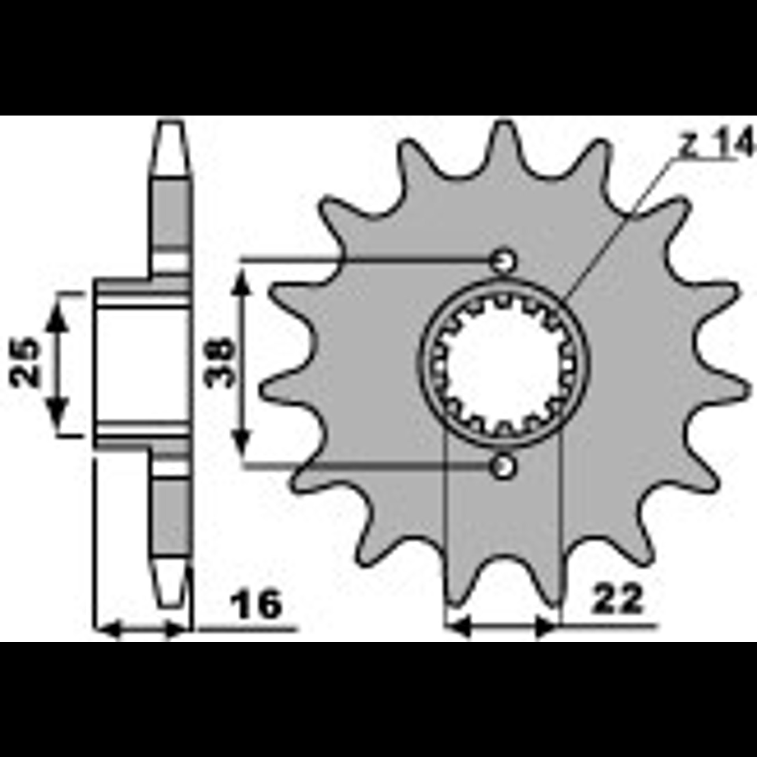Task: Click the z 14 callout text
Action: pos(714,145)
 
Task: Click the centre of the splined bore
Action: pos(505,363)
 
